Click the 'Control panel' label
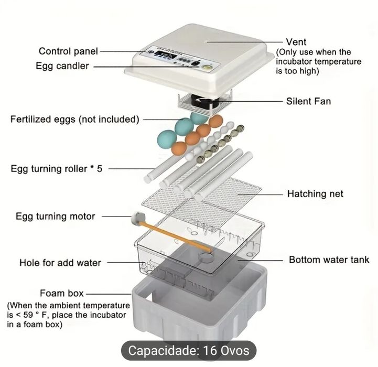68,51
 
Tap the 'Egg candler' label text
62,67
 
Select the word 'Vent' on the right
296,42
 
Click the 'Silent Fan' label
308,101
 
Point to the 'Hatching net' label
315,194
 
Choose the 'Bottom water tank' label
329,260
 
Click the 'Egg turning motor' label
56,216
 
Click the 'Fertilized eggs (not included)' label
74,120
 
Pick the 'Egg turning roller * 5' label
57,169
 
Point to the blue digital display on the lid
167,58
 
